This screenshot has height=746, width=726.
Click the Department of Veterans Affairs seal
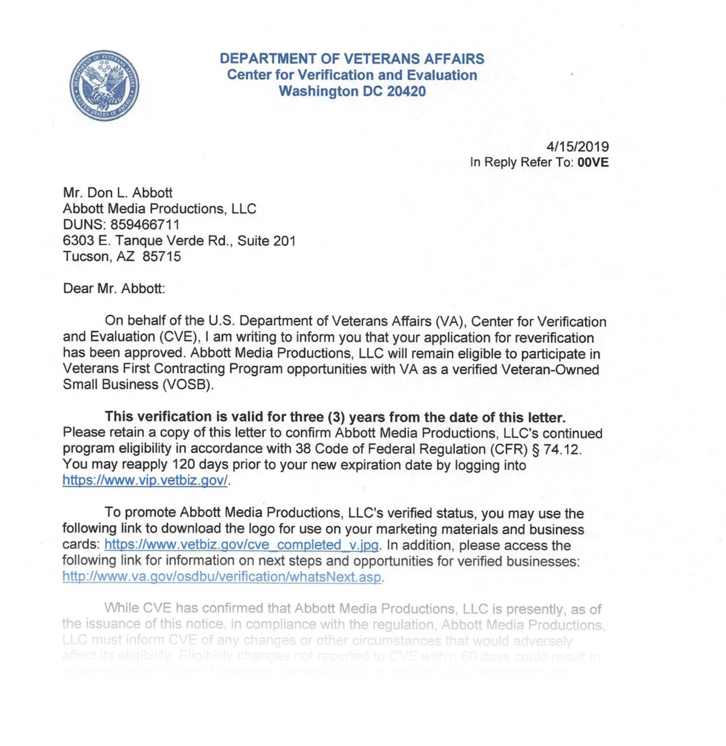click(103, 85)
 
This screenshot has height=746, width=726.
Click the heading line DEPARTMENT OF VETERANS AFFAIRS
click(352, 59)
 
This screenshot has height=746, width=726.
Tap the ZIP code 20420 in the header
click(406, 91)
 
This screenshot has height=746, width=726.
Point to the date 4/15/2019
click(577, 146)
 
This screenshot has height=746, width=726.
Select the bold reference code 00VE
click(593, 162)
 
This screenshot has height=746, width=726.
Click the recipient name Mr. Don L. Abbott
click(118, 193)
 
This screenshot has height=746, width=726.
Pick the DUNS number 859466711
click(145, 224)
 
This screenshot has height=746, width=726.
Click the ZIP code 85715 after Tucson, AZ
click(162, 256)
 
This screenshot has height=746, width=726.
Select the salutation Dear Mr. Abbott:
click(114, 288)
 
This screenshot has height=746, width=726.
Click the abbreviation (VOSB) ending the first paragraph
click(188, 385)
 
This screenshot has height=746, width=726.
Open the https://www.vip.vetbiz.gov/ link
click(145, 481)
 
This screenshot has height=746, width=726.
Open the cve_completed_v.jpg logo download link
click(241, 545)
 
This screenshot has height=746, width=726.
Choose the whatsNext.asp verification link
click(222, 577)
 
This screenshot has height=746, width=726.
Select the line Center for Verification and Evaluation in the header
click(352, 75)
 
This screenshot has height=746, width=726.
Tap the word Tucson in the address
click(87, 256)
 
